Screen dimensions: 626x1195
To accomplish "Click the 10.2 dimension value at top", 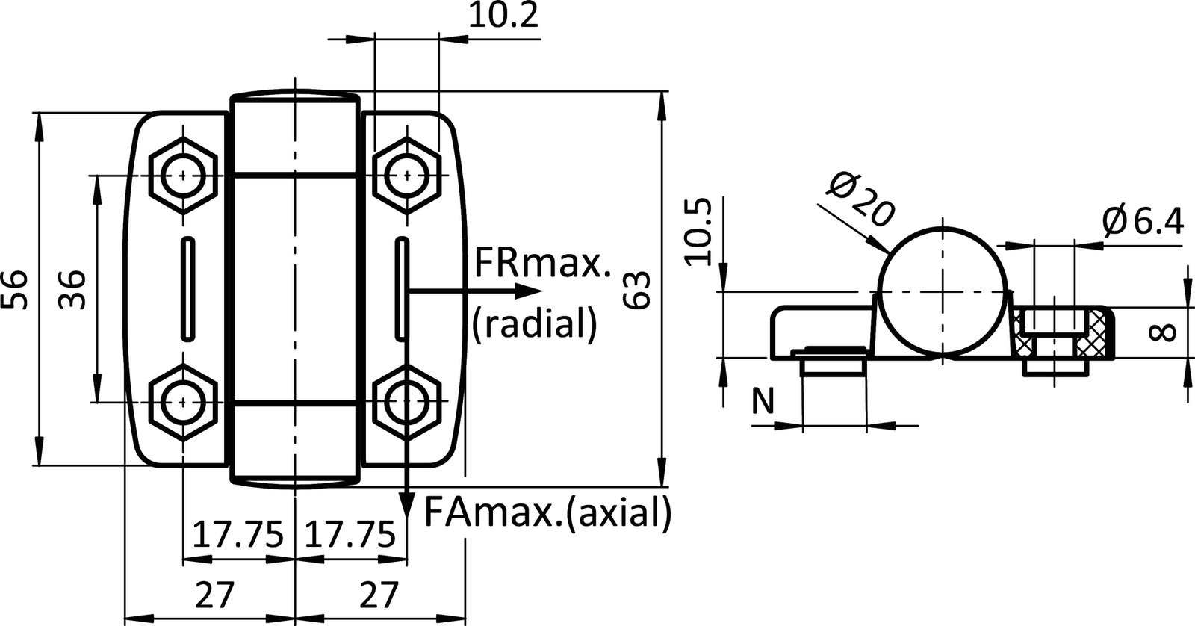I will click(x=503, y=16).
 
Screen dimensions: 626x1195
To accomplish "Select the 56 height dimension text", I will click(x=16, y=289).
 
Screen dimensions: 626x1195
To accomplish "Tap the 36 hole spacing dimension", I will click(x=72, y=289).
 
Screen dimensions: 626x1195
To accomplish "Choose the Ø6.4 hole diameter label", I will click(x=1143, y=221).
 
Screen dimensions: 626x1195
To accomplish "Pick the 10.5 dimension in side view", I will click(x=698, y=231).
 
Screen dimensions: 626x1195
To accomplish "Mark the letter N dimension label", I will click(x=762, y=403).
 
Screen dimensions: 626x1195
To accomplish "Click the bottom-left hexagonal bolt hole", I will click(x=183, y=402).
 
